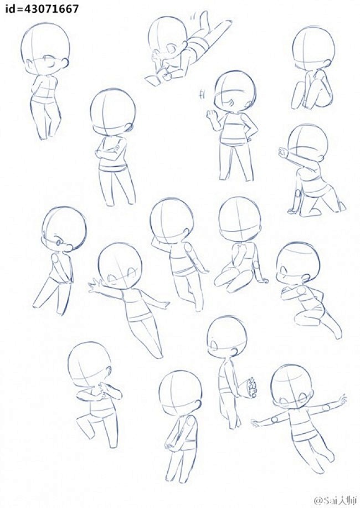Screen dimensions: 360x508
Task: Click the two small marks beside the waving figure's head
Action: (x=203, y=94)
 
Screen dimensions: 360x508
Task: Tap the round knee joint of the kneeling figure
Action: (x=298, y=195)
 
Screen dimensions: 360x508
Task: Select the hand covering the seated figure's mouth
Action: (x=241, y=250)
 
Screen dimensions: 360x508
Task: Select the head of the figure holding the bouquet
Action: (x=227, y=337)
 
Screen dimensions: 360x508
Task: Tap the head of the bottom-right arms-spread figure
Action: (x=292, y=386)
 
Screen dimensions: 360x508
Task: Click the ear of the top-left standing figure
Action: (x=65, y=61)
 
